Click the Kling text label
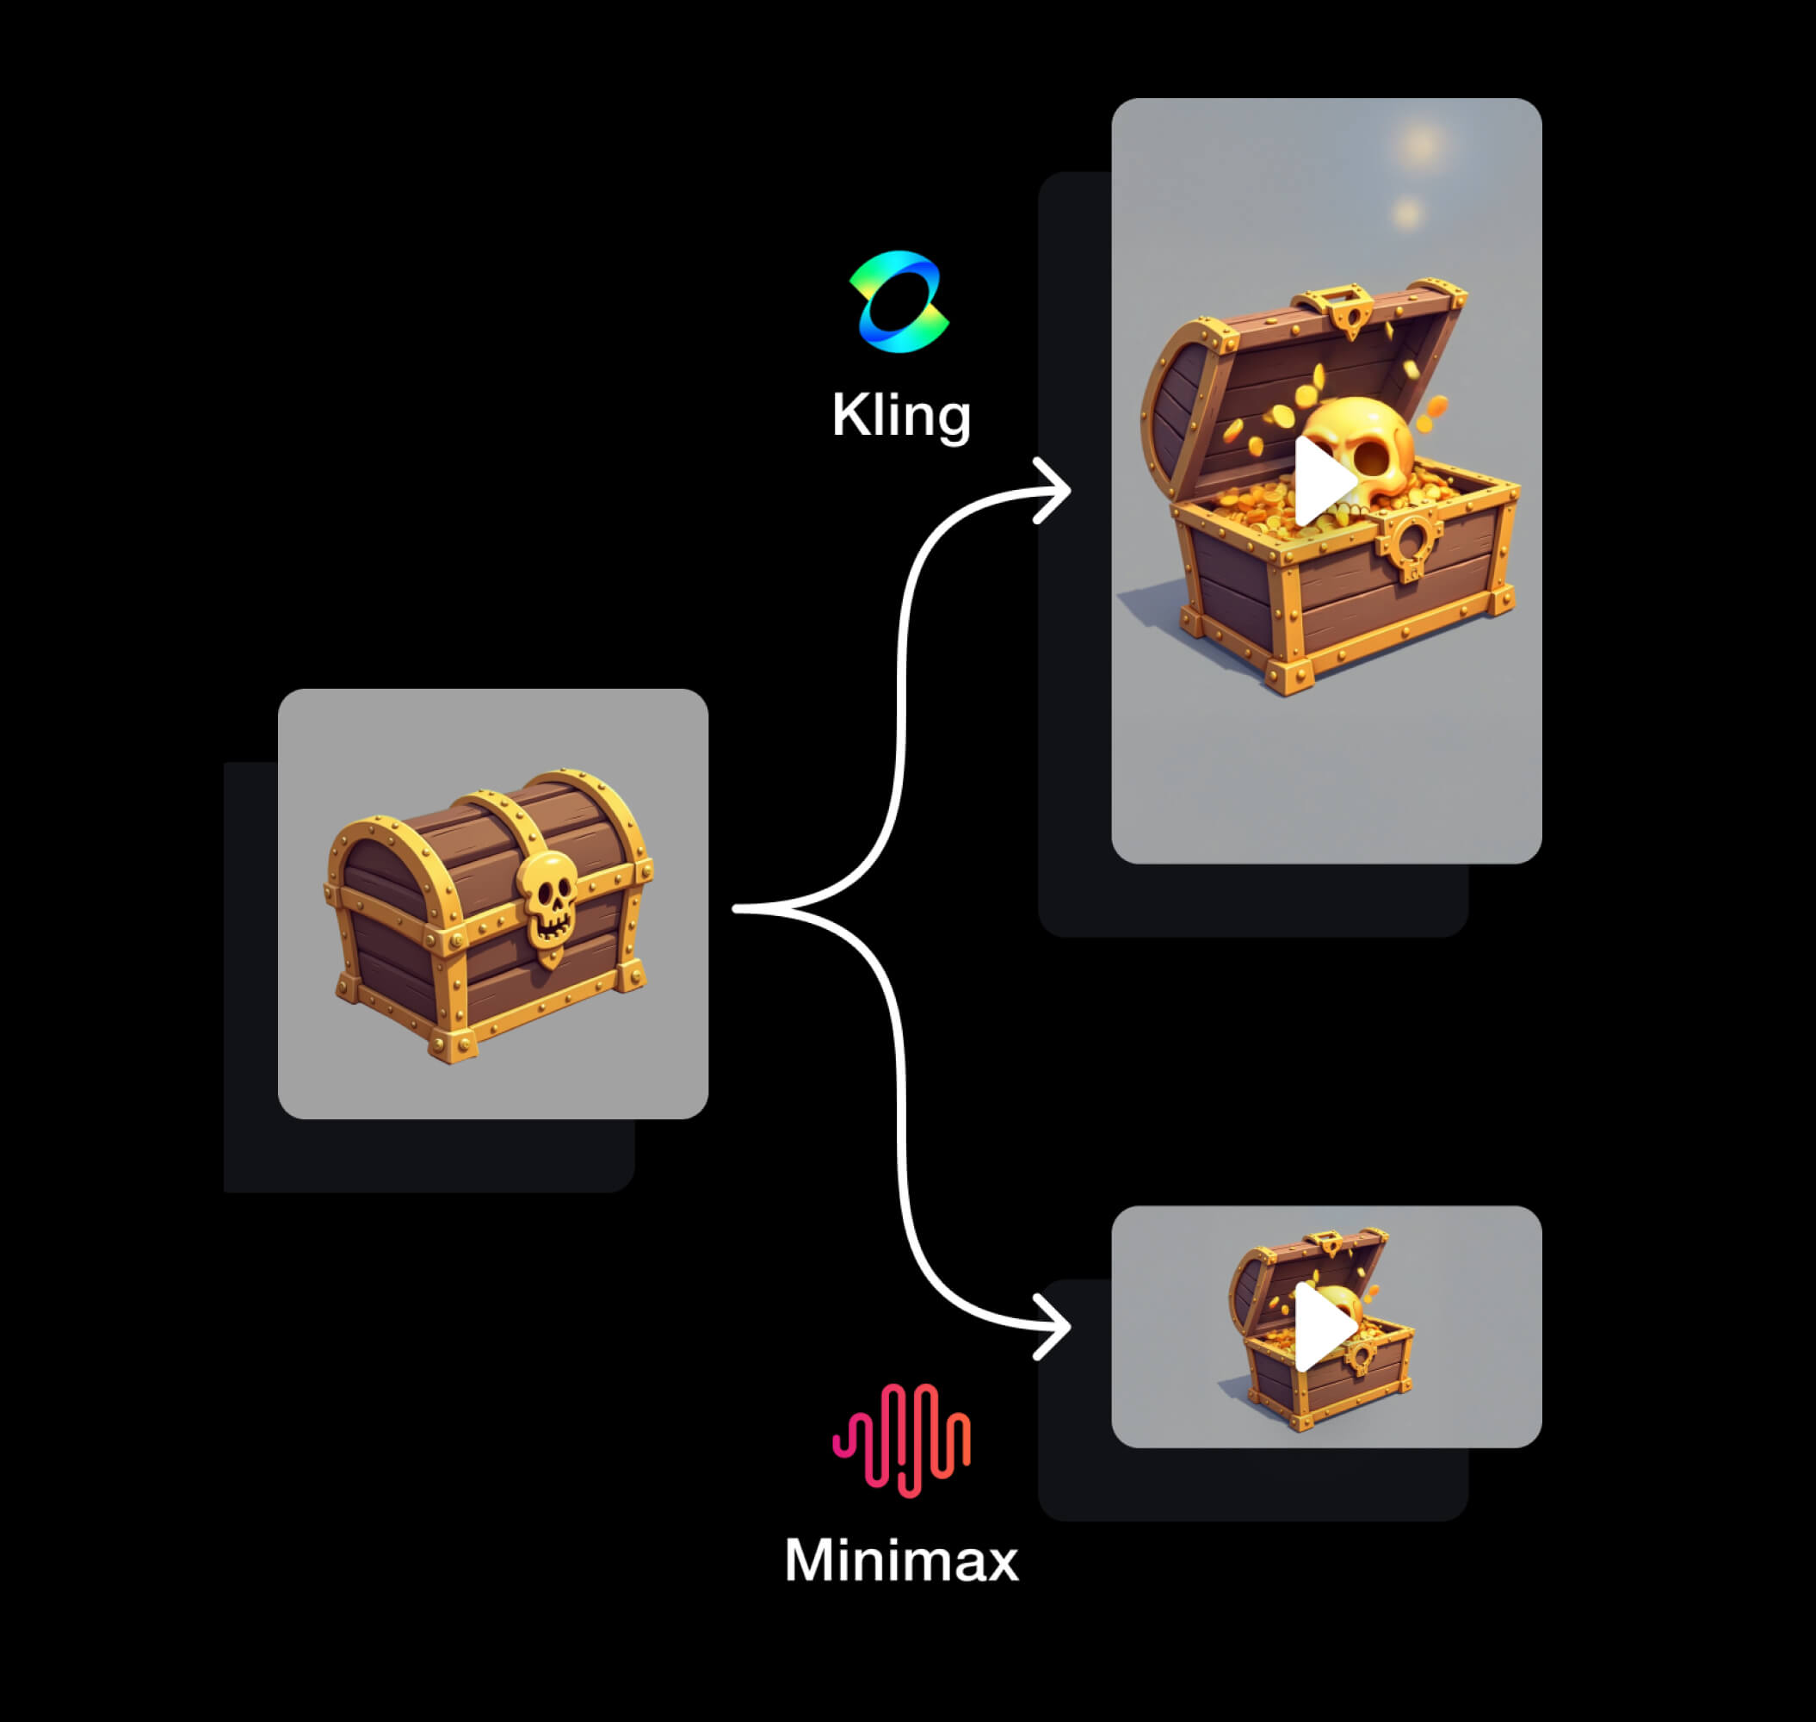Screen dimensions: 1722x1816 pyautogui.click(x=900, y=416)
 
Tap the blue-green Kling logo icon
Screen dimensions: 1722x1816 pyautogui.click(x=899, y=301)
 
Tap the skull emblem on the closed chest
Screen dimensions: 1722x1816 pyautogui.click(x=547, y=900)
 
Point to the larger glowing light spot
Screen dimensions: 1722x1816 pyautogui.click(x=1422, y=144)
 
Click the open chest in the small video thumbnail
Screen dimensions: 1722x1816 pyautogui.click(x=1321, y=1329)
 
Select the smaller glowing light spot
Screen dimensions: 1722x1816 pyautogui.click(x=1406, y=214)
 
